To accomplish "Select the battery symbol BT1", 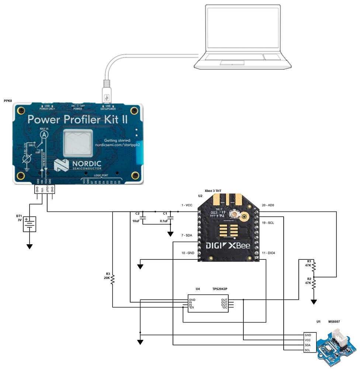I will (x=30, y=224).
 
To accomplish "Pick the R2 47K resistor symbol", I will (x=314, y=283).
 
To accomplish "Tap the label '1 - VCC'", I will (x=187, y=205).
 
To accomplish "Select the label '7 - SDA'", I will (x=187, y=235).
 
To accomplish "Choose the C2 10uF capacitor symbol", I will (x=144, y=218).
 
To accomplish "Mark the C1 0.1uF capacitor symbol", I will (x=170, y=218).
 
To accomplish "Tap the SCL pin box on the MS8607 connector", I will (x=308, y=350).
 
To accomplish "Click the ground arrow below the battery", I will (x=30, y=246).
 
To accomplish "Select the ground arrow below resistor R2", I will (x=314, y=301).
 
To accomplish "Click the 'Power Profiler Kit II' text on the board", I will (x=77, y=120).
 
